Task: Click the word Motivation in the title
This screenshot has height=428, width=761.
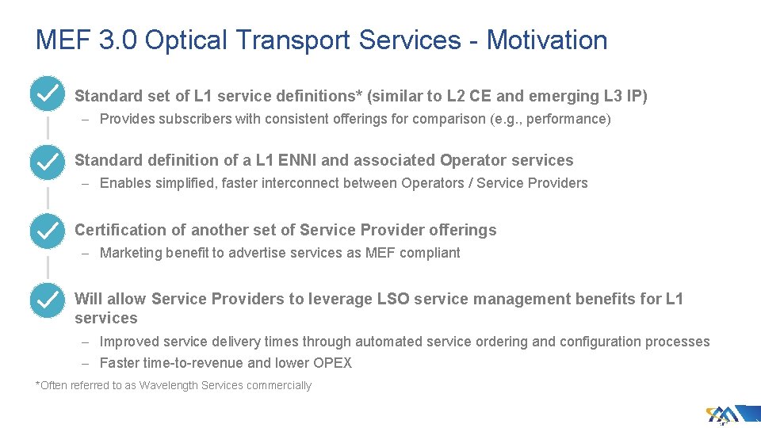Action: point(547,40)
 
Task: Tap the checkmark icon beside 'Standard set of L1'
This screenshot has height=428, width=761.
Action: point(47,94)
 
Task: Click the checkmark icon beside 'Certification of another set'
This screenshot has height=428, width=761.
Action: point(47,231)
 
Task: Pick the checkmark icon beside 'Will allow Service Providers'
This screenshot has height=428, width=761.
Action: point(47,300)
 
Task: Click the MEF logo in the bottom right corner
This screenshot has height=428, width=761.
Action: point(723,414)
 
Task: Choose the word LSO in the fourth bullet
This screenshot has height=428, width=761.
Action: point(394,299)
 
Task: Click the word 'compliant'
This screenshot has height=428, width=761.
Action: point(430,253)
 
